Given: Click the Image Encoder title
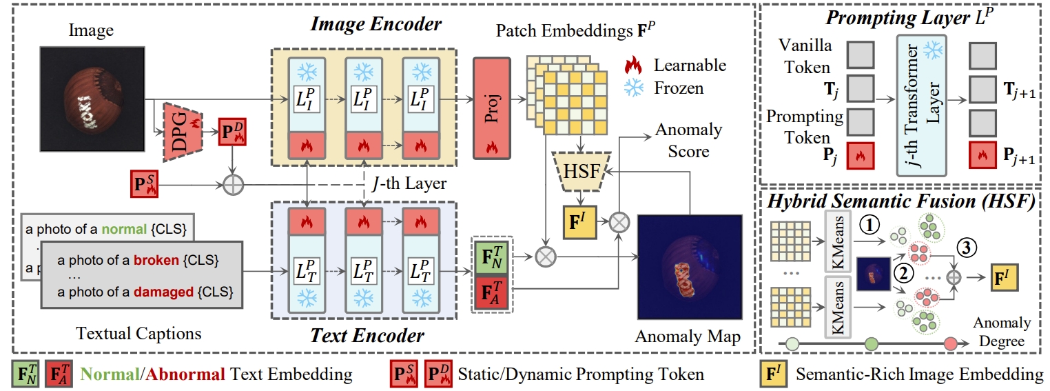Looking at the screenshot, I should click(x=375, y=25).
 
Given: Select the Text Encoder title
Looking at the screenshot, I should click(x=375, y=336).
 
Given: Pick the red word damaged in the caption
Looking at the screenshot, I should click(x=164, y=292).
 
